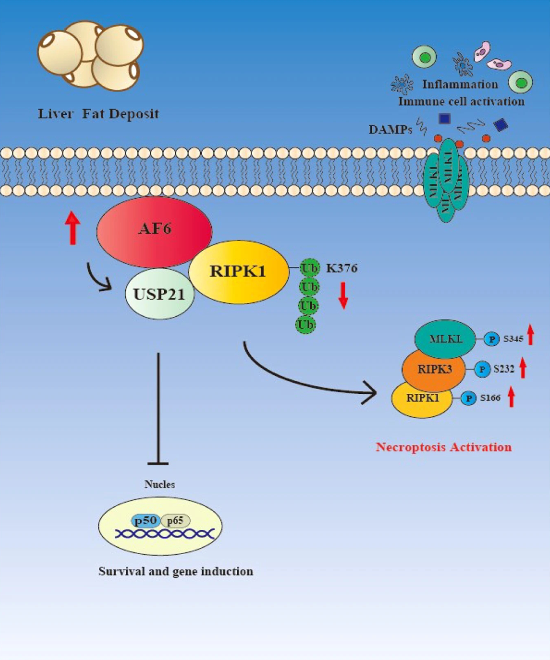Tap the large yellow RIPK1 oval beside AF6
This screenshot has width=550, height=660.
tap(238, 272)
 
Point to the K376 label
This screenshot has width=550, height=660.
tap(342, 268)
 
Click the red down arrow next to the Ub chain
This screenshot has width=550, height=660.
tap(343, 295)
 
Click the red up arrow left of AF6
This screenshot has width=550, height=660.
tap(72, 228)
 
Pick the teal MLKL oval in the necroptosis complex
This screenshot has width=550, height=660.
tap(445, 339)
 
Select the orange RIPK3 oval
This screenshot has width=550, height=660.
tap(434, 369)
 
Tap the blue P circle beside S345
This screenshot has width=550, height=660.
tap(492, 339)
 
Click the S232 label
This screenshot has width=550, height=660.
tap(503, 369)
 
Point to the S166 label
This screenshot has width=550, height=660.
tap(490, 398)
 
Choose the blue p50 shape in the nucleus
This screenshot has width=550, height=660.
tap(145, 521)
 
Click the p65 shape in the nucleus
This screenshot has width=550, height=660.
tap(175, 521)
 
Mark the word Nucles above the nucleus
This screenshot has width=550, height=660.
tap(159, 484)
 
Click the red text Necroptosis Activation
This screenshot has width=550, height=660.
tap(444, 447)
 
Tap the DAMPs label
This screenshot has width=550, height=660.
tap(390, 130)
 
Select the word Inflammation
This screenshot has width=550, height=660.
tap(460, 84)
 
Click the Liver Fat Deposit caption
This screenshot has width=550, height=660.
tap(98, 114)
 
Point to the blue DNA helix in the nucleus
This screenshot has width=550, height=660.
tap(164, 533)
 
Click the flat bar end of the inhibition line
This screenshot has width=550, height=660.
tap(158, 463)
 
